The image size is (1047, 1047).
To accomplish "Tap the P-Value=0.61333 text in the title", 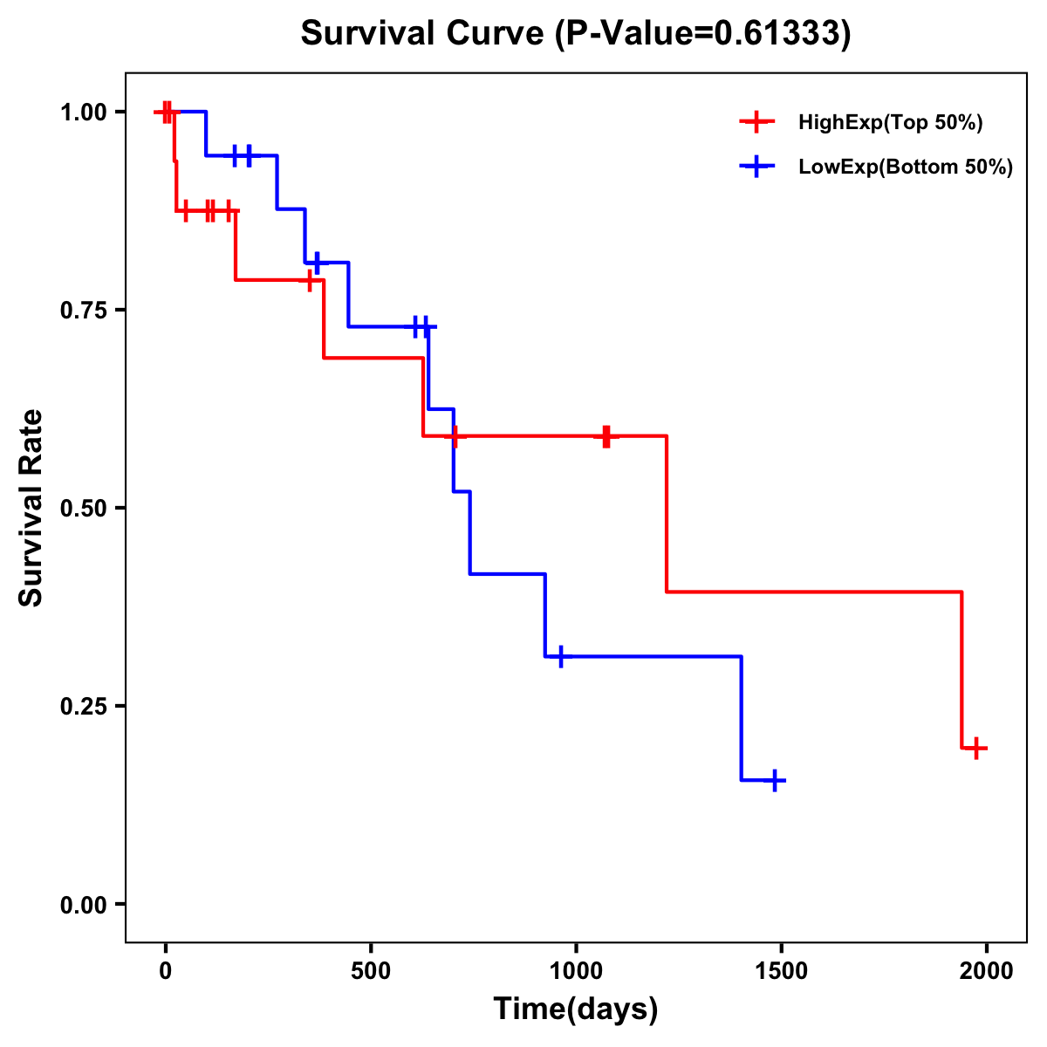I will point(702,34).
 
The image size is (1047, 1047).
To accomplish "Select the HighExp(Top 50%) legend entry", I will point(890,123).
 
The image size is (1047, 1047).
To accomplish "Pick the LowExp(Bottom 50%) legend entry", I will point(905,168).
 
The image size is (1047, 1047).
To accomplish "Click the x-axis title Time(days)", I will point(576,1009).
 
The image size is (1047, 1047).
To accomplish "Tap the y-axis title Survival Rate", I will point(31,508).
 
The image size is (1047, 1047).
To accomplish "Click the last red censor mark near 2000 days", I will point(977,748).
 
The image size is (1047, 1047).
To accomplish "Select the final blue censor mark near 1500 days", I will point(774,780).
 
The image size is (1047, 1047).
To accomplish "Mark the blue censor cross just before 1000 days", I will point(560,656).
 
